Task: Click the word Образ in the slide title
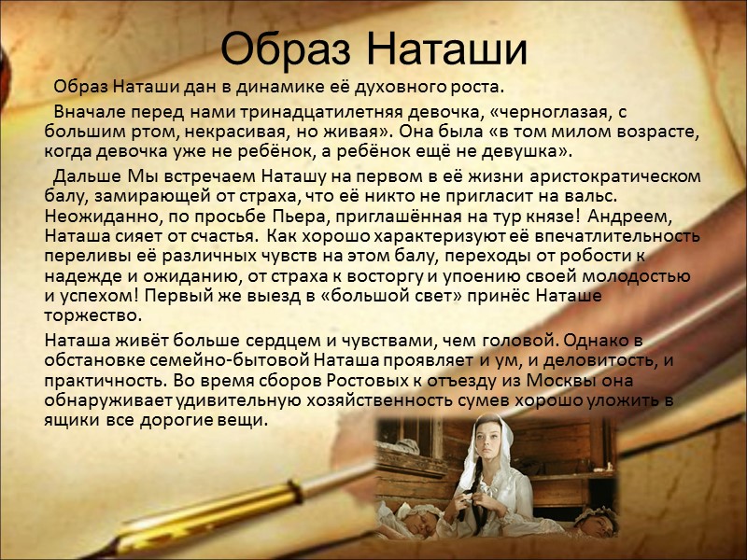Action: [288, 47]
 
